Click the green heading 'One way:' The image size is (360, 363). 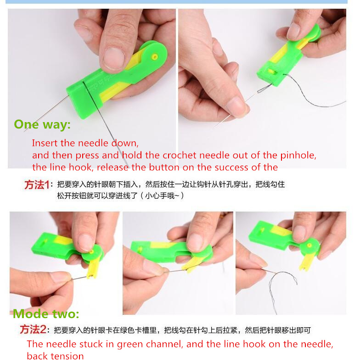[42, 125]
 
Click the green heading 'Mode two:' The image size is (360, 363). [46, 314]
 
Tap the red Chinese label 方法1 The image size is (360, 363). [37, 185]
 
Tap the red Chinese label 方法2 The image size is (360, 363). [33, 329]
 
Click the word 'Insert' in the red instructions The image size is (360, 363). [45, 143]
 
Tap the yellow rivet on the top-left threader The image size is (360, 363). [155, 57]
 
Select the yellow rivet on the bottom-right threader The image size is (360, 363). [309, 245]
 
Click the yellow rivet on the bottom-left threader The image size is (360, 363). [92, 251]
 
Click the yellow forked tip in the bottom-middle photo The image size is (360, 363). [189, 268]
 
